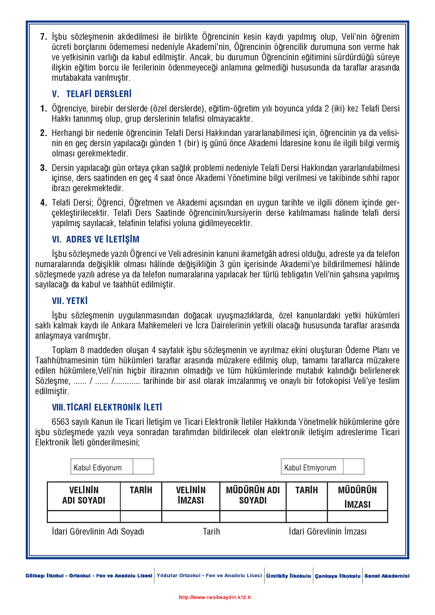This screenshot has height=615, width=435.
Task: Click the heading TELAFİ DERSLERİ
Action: pos(99,94)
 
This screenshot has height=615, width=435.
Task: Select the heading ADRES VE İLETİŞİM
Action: pos(103,239)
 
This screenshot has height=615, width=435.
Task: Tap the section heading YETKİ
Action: pos(77,301)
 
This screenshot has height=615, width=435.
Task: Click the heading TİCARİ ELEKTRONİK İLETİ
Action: pos(114,407)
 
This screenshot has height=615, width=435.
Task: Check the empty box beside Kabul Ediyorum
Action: pos(143,467)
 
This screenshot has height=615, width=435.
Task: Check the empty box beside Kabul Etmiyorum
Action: pos(354,467)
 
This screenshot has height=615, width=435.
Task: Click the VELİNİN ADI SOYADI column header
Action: pos(84,495)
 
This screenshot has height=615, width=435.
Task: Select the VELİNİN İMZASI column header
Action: pos(190,495)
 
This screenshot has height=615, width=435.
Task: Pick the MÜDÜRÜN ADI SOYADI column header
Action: pos(253,495)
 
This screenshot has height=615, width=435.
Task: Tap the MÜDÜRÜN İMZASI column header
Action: pos(357,497)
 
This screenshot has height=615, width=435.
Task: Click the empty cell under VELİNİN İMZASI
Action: pos(190,517)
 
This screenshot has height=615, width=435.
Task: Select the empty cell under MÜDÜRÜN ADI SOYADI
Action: pos(253,517)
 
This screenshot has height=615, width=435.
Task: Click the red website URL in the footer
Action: pos(215,597)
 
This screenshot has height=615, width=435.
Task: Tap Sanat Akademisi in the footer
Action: pos(387,576)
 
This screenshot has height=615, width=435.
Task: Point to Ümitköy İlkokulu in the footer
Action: pos(288,576)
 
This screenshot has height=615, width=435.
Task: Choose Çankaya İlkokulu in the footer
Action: pos(337,576)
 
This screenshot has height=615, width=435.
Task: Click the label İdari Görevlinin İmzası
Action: pos(328,531)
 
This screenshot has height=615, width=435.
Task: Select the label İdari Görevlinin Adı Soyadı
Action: pos(98,531)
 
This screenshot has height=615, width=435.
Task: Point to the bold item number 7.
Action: pos(44,37)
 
